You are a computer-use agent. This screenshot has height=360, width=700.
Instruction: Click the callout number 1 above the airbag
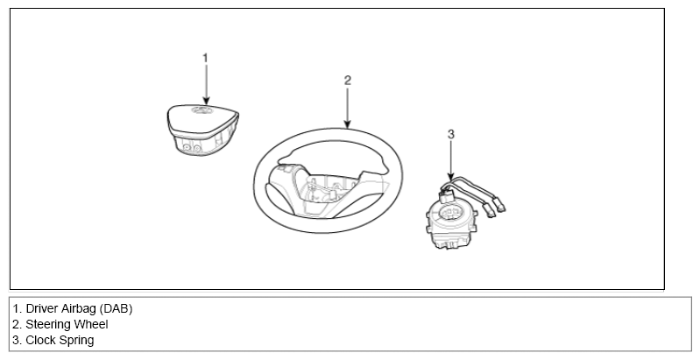(x=205, y=58)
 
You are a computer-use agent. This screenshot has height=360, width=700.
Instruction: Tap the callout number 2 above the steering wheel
(x=348, y=81)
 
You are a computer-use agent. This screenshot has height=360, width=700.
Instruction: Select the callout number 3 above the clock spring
(x=451, y=134)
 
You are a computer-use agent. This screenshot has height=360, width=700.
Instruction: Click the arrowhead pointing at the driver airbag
(x=206, y=100)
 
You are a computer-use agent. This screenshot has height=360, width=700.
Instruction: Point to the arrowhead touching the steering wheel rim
(x=348, y=124)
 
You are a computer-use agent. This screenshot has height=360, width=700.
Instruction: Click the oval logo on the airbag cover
(x=202, y=110)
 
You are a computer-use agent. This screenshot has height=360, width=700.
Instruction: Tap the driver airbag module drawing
(x=203, y=130)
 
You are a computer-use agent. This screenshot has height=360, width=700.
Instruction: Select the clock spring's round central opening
(x=451, y=212)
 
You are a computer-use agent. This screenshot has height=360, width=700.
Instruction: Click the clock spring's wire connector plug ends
(x=495, y=209)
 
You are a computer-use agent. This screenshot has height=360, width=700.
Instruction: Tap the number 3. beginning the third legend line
(x=17, y=340)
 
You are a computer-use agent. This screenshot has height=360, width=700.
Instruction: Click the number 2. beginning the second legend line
(x=17, y=324)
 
